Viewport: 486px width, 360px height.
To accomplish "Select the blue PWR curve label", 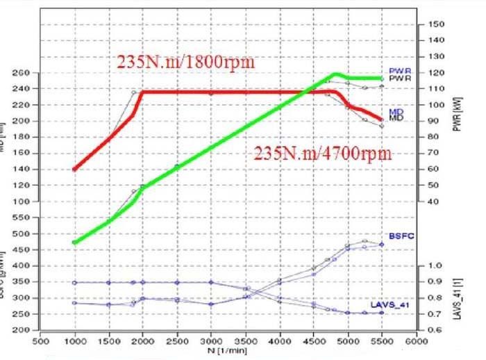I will click(396, 71).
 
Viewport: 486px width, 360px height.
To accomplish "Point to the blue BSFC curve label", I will click(397, 237).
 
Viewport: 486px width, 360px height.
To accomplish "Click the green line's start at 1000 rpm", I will click(75, 242).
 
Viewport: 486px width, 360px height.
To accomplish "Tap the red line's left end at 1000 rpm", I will click(75, 169).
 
